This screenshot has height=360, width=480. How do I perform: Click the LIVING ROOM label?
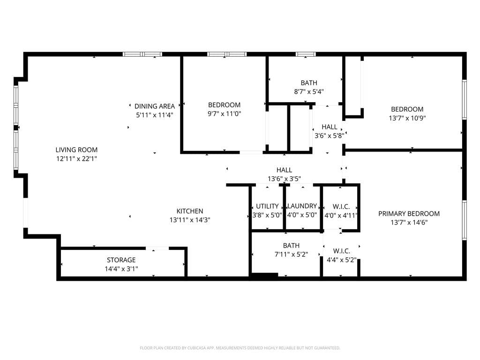click(76, 150)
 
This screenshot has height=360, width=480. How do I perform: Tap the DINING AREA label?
click(154, 106)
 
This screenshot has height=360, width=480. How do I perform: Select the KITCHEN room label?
click(189, 211)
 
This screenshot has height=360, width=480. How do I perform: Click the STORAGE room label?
click(121, 260)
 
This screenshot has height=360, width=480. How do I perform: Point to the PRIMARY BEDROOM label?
click(409, 214)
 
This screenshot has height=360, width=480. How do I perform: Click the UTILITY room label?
click(267, 206)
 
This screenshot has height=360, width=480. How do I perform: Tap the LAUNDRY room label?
click(302, 206)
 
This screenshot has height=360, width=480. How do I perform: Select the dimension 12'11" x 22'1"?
click(76, 159)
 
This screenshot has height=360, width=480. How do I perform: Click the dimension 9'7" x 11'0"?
click(224, 113)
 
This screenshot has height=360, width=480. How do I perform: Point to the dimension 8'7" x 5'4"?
click(308, 92)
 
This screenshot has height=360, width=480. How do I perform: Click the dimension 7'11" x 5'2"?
click(291, 254)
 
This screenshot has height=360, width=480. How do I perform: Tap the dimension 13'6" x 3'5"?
click(284, 179)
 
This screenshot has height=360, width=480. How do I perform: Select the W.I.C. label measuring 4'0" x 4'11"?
click(345, 215)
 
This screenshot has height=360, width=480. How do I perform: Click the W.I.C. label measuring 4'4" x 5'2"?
click(345, 259)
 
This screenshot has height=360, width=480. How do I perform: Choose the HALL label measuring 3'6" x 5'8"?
click(329, 135)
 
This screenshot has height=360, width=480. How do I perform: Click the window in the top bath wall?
click(306, 54)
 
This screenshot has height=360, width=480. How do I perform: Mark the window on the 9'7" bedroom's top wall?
click(227, 54)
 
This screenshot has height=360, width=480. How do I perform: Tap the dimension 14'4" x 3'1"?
click(121, 269)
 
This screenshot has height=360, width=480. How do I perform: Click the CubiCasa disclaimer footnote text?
click(240, 348)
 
